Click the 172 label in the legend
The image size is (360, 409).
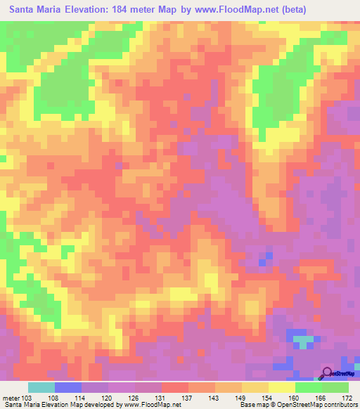point(347,397)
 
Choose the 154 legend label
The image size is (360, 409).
point(265,397)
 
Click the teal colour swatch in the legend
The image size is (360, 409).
point(41,387)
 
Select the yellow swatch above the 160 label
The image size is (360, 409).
point(281,387)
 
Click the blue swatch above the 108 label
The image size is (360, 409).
point(68,387)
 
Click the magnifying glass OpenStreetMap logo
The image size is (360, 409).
point(328,374)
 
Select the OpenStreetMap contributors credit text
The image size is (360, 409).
point(320,405)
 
